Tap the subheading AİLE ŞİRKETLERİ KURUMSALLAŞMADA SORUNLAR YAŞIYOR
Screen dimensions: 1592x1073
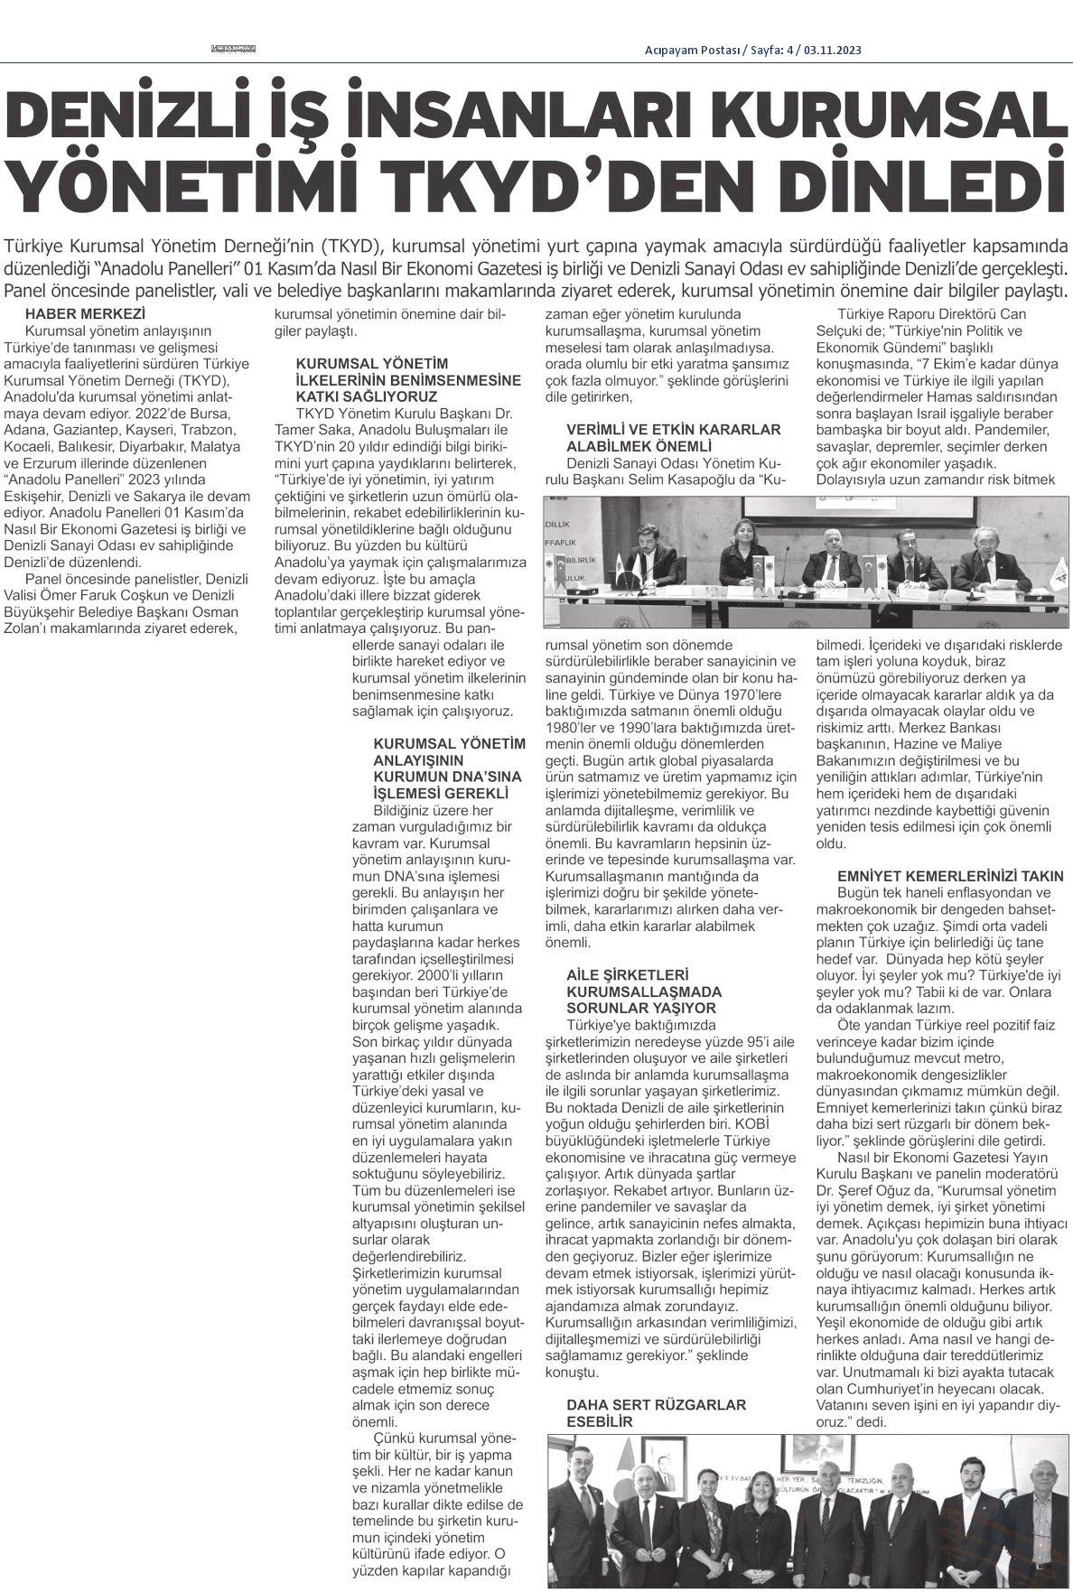pos(641,991)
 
